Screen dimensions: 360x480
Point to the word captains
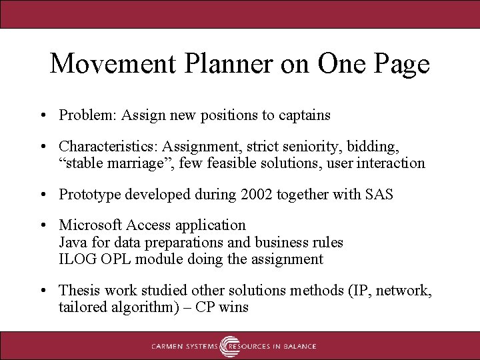click(304, 115)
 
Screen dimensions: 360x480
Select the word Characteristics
click(106, 145)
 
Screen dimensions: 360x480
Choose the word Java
click(72, 242)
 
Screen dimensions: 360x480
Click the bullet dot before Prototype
click(43, 195)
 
